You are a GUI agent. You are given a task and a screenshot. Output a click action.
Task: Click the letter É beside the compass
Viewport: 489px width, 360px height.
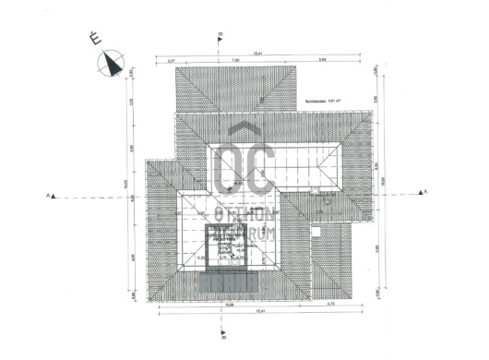click(93, 39)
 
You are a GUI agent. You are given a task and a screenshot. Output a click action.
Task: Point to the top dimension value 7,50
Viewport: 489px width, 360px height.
click(235, 61)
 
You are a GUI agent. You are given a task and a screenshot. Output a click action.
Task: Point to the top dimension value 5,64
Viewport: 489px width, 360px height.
click(321, 61)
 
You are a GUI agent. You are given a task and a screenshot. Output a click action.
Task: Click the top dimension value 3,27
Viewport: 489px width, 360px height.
click(172, 61)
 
